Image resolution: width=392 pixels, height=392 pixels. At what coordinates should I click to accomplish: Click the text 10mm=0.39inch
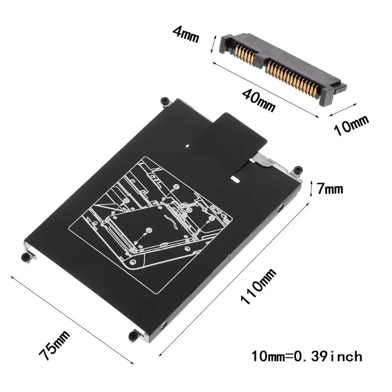coord(307,355)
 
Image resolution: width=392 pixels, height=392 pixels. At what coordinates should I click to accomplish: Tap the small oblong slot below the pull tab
coord(236,179)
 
